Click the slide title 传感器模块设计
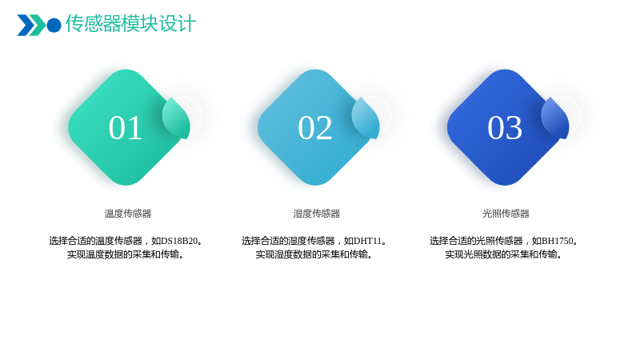pos(130,23)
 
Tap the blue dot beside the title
pos(54,25)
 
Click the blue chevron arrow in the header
pos(25,25)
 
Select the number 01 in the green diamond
pos(126,128)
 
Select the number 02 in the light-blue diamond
pos(314,128)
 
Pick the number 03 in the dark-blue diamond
pos(505,128)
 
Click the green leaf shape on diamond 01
pos(176,118)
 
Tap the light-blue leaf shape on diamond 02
pos(366,118)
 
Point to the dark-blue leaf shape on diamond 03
pos(555,118)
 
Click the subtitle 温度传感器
pos(128,214)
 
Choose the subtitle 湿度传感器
pos(317,214)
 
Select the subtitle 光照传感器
pos(506,214)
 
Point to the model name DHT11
pos(367,241)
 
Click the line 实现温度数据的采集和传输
pos(126,254)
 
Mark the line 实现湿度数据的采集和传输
pos(314,254)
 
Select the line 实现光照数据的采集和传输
pos(503,254)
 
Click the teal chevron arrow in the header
pos(38,25)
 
